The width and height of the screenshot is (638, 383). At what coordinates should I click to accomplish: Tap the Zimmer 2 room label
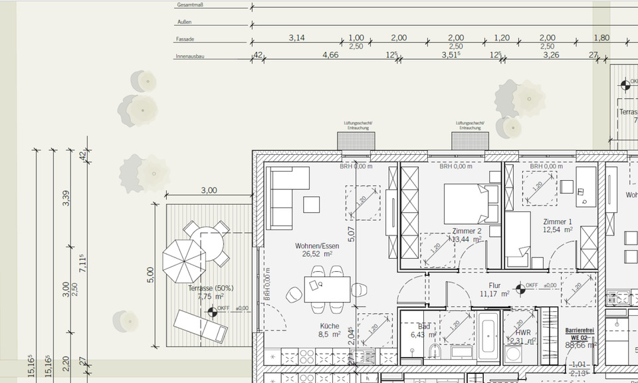[x=467, y=231]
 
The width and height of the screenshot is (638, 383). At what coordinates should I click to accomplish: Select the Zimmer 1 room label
[x=557, y=222]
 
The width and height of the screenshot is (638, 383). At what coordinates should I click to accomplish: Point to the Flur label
[x=494, y=285]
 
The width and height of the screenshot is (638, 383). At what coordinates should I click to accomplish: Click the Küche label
[x=329, y=326]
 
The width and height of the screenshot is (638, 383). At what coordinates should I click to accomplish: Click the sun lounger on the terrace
[x=200, y=326]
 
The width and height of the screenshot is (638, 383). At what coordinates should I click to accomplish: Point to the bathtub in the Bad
[x=489, y=338]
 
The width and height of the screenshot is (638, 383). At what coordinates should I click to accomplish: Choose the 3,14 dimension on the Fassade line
[x=296, y=38]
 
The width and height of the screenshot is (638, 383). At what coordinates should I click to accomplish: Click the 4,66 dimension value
[x=330, y=55]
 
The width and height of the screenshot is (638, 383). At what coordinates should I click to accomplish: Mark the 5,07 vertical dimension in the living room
[x=351, y=234]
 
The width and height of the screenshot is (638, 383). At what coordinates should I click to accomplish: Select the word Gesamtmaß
[x=189, y=5]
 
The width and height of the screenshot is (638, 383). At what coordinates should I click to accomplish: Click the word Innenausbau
[x=189, y=57]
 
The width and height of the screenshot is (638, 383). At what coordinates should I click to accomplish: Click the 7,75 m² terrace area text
[x=210, y=297]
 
